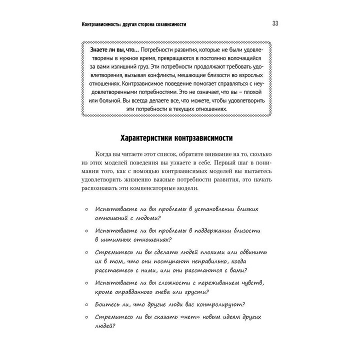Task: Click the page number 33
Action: (x=275, y=24)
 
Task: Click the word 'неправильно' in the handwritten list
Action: (x=217, y=261)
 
